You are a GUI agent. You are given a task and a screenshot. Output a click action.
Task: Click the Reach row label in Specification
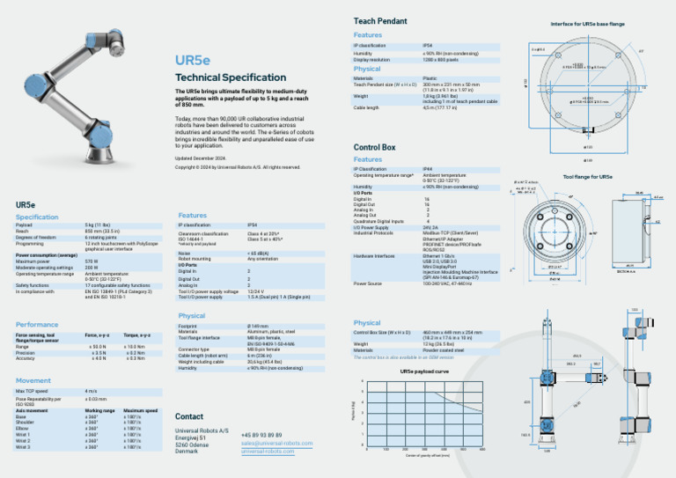[24, 232]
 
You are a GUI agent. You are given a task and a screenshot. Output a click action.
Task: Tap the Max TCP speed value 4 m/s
[91, 391]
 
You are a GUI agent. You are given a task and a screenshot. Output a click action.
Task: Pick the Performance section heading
[37, 325]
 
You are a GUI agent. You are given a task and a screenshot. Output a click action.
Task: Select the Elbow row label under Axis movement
[22, 428]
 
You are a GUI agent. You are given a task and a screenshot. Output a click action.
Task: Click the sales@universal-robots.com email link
[276, 443]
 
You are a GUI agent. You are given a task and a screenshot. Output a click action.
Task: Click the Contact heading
[189, 416]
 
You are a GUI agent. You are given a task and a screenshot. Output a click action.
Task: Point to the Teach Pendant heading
[380, 20]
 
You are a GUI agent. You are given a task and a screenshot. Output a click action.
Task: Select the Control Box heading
[375, 147]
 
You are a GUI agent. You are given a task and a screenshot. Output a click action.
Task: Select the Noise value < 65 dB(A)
[260, 253]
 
